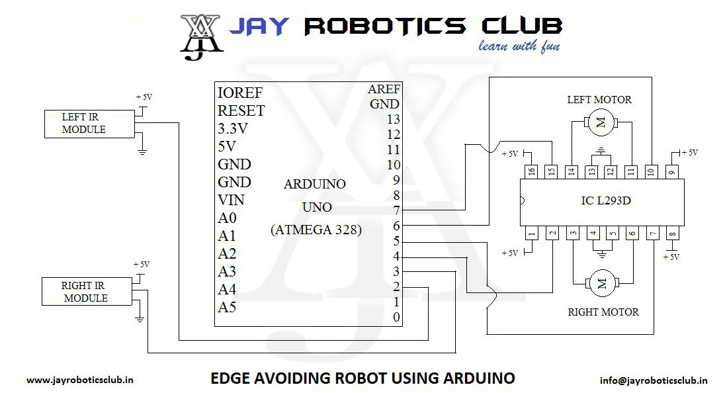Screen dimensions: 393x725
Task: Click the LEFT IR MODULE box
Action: click(x=83, y=123)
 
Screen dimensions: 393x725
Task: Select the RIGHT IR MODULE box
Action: click(x=85, y=292)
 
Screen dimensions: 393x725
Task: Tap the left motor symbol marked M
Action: click(x=601, y=122)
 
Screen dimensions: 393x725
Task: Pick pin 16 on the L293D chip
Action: click(x=531, y=171)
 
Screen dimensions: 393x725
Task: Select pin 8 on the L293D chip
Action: click(x=672, y=233)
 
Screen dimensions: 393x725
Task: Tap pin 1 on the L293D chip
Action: click(x=531, y=233)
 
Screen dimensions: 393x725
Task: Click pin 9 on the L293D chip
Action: click(x=672, y=171)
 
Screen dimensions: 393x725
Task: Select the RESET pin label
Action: click(x=241, y=110)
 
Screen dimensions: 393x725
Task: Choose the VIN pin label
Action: click(x=232, y=200)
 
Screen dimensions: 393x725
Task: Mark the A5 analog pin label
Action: click(x=227, y=307)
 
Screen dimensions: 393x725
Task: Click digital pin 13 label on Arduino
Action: click(x=394, y=120)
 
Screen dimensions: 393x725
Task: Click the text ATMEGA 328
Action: click(x=315, y=230)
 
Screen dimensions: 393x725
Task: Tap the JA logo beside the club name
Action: click(x=202, y=36)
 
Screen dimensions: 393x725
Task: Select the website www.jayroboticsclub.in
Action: click(x=81, y=380)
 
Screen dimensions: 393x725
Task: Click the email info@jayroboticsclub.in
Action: click(x=654, y=380)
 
